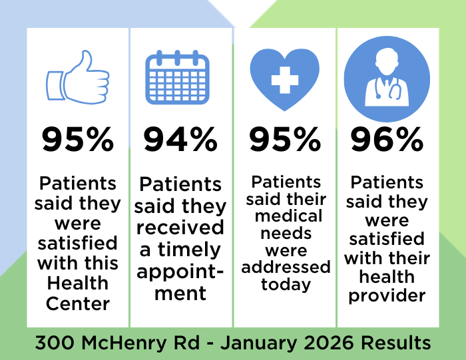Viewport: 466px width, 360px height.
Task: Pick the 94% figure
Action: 180,140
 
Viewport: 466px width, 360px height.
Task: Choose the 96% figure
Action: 387,140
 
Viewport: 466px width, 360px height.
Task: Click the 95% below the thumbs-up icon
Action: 78,140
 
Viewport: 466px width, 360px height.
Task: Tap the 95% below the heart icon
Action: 284,140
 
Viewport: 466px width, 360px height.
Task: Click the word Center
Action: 78,303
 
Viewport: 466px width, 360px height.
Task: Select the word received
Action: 180,228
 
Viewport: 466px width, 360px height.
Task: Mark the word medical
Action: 286,216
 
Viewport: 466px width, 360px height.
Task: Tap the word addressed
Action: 286,268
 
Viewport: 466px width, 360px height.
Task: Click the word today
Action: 286,285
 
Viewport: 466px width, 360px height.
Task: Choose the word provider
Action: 387,295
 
